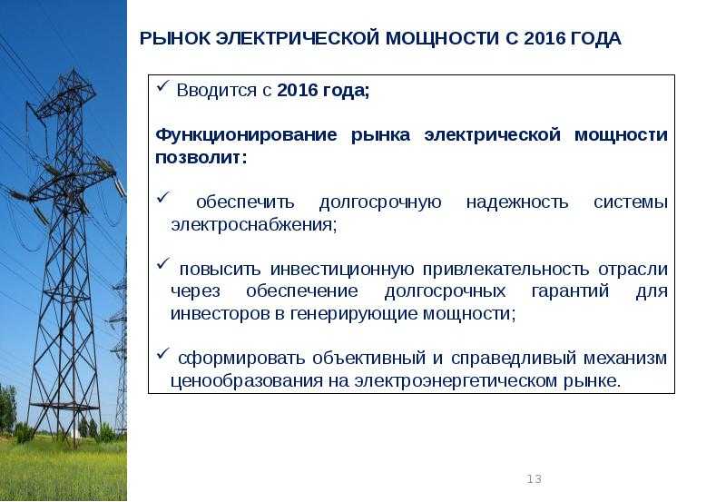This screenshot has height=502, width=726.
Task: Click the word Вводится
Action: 217,90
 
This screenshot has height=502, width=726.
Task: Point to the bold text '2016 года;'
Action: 323,90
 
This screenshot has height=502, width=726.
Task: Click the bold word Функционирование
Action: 246,135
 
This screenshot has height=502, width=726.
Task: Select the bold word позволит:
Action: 201,158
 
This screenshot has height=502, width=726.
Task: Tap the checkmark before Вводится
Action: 162,85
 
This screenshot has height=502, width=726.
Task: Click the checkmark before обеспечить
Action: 163,197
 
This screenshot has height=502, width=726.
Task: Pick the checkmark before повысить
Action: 163,264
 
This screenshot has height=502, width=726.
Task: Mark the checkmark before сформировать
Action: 163,353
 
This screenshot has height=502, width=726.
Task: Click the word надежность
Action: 516,202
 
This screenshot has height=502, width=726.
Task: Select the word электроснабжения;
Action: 254,225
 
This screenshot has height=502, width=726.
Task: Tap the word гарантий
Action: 570,291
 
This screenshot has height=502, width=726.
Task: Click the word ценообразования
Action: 247,381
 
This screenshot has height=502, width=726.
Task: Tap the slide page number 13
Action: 534,478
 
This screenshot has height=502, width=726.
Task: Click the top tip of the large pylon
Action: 74,70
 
